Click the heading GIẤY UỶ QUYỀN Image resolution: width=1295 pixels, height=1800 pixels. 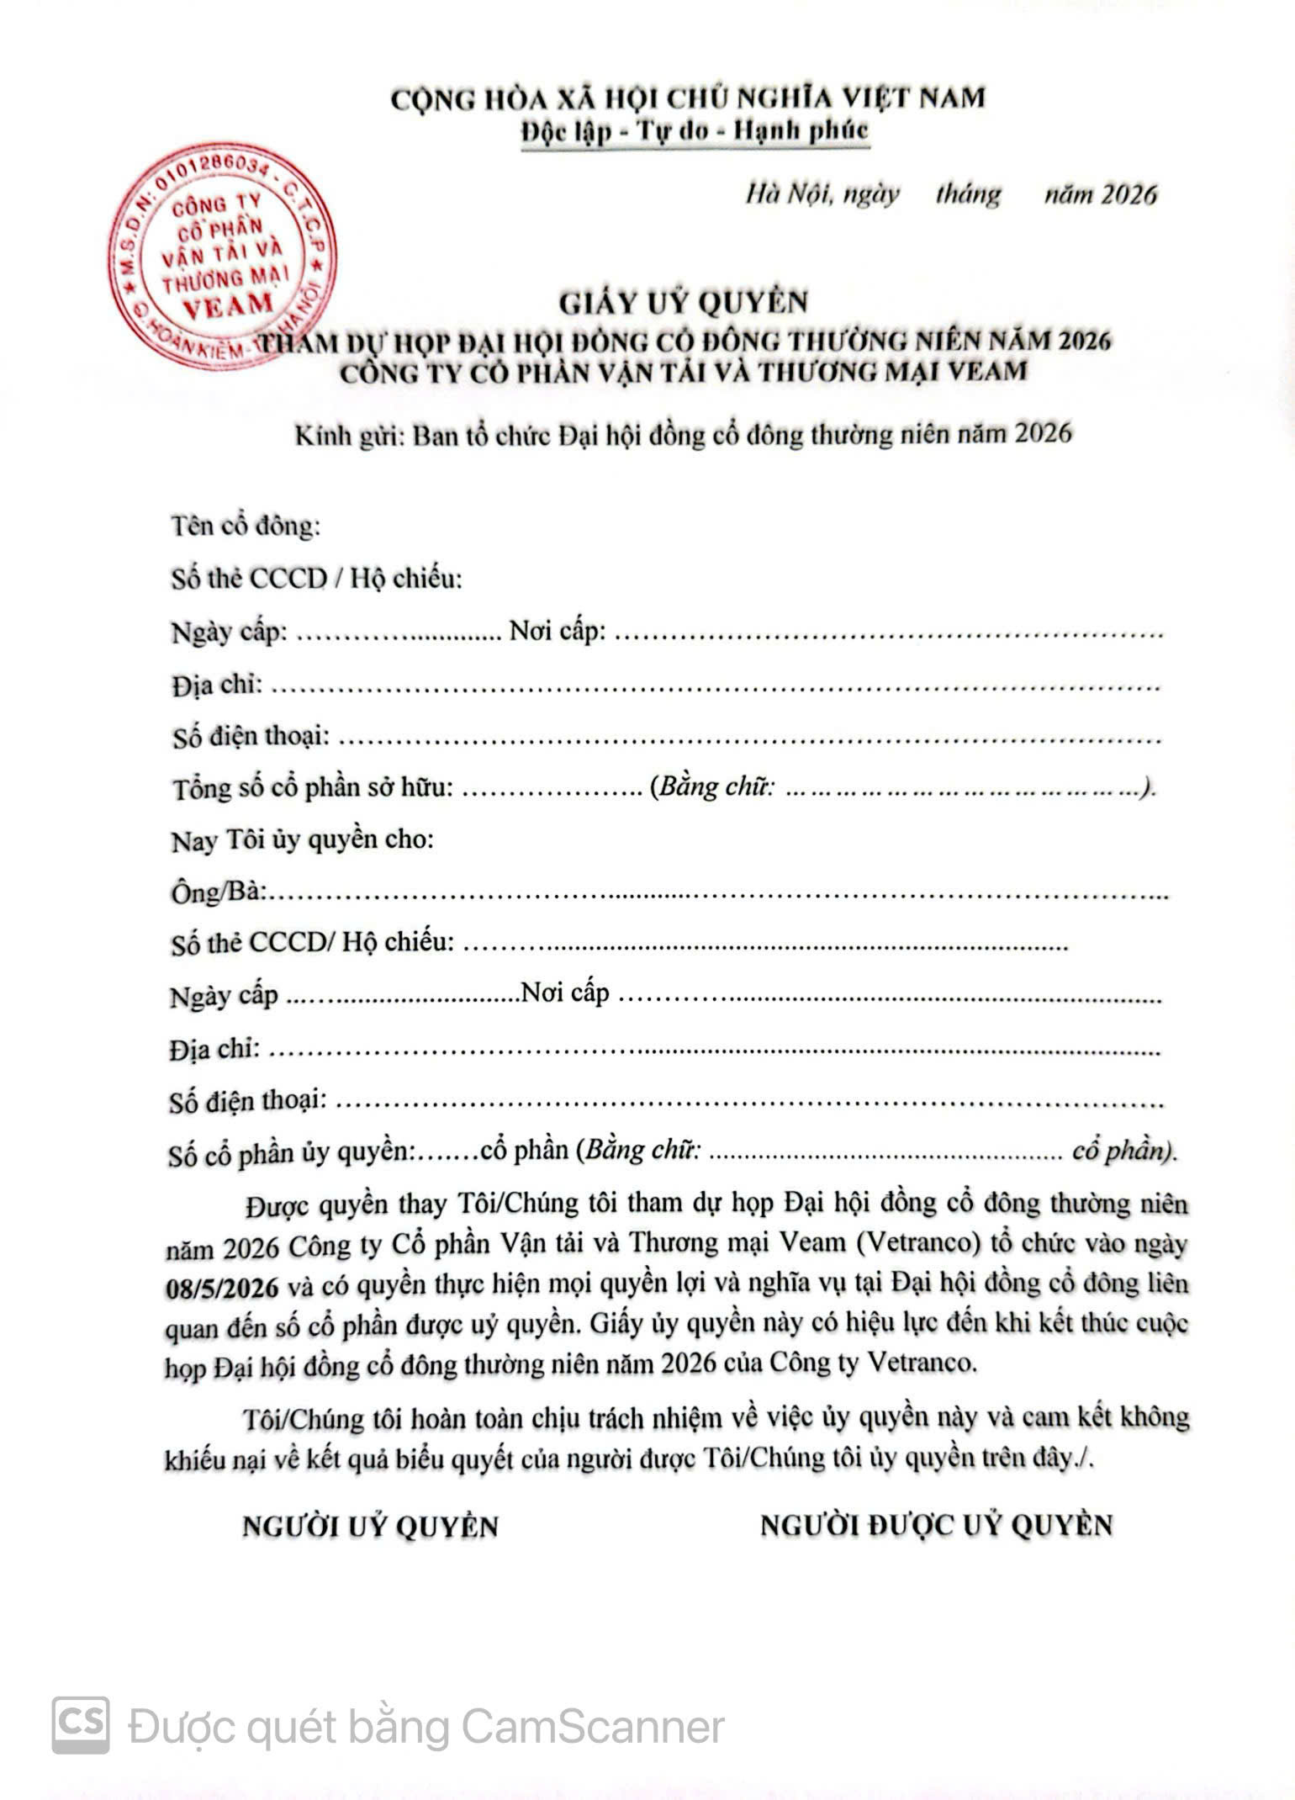[684, 302]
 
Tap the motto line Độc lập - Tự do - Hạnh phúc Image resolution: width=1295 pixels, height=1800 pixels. [694, 131]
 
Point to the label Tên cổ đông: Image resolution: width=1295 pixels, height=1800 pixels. [246, 526]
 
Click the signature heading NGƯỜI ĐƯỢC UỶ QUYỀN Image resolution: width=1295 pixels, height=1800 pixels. [936, 1526]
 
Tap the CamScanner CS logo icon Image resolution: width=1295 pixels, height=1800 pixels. [81, 1725]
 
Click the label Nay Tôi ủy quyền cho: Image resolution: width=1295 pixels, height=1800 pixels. [303, 840]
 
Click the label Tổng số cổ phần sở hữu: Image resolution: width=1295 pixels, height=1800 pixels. [313, 788]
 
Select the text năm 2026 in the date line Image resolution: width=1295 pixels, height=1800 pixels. [1100, 194]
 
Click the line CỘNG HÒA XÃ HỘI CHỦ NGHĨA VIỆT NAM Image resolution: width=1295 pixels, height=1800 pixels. [687, 98]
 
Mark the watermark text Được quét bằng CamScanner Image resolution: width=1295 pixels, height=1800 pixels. [425, 1728]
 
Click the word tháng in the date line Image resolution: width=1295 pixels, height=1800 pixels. [968, 194]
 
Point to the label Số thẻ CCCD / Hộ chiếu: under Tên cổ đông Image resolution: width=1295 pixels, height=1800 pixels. [317, 579]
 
